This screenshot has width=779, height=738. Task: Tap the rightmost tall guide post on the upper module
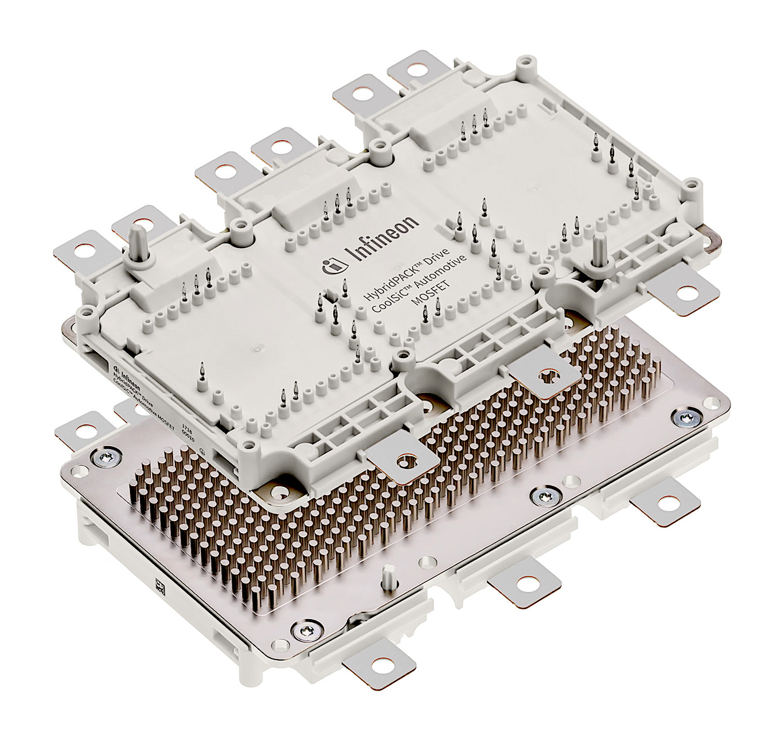[598, 248]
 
